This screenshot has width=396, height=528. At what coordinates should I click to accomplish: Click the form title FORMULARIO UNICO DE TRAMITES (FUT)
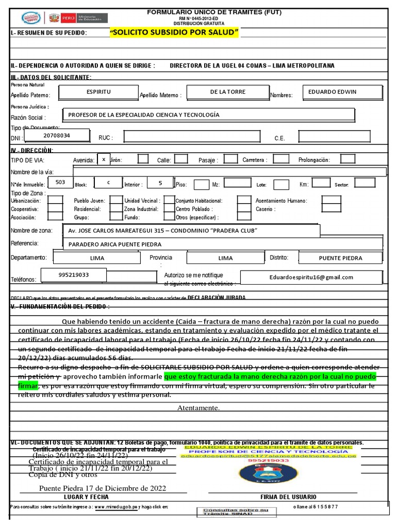tap(214, 11)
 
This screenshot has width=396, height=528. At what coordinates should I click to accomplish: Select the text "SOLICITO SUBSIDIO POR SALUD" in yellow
tap(175, 33)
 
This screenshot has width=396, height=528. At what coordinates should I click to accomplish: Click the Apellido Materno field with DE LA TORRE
tap(227, 92)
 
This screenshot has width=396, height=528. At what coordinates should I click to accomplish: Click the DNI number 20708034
tap(57, 136)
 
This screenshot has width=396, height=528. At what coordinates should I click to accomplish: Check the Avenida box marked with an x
tap(104, 160)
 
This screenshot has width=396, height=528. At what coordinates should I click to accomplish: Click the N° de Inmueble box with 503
tap(60, 183)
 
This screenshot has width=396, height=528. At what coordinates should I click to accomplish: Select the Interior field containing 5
tap(160, 183)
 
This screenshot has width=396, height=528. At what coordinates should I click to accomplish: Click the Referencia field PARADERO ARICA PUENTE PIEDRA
tap(222, 244)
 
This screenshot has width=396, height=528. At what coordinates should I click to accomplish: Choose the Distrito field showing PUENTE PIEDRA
tap(340, 258)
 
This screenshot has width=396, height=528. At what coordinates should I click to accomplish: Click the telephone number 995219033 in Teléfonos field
tap(73, 275)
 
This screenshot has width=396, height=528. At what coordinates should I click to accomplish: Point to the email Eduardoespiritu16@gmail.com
tap(311, 277)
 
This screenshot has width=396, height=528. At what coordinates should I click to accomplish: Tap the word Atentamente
tap(199, 408)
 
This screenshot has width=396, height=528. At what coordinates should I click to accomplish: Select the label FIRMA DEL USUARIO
tap(289, 497)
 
